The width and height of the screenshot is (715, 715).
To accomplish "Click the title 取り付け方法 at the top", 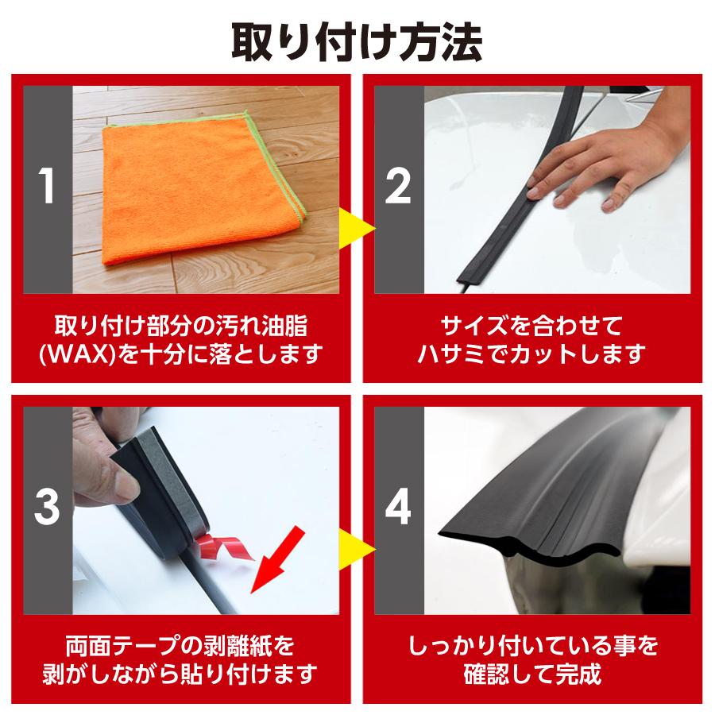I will pos(357,41).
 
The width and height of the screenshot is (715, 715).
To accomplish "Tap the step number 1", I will pos(47,190).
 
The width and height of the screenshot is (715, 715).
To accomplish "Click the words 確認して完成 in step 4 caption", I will pos(533,674).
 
